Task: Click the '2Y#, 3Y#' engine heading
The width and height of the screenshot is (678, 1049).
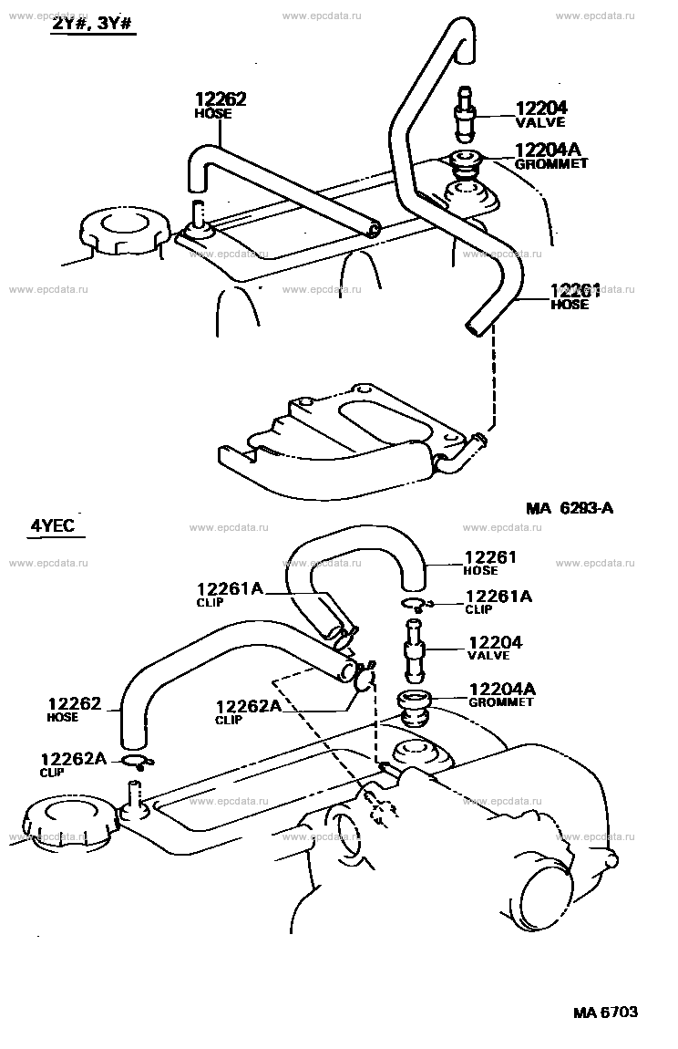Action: [x=94, y=24]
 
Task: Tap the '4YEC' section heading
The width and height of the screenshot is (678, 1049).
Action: [x=52, y=525]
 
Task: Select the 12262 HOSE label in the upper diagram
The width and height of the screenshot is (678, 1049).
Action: [x=221, y=105]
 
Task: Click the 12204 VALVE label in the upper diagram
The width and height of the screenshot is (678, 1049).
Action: [x=541, y=114]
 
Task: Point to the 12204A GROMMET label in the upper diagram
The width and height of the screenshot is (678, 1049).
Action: [x=551, y=156]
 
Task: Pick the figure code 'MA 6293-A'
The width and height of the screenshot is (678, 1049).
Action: [x=569, y=508]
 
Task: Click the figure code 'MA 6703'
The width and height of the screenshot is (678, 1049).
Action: [x=605, y=1012]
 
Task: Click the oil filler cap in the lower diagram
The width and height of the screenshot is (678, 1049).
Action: [x=67, y=822]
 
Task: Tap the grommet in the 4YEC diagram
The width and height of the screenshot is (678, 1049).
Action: [x=413, y=709]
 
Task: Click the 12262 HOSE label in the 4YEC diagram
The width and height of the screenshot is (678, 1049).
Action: [x=74, y=709]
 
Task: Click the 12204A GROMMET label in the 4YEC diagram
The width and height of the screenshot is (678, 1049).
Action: [x=502, y=694]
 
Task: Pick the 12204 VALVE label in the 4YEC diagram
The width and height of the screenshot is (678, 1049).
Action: [x=495, y=648]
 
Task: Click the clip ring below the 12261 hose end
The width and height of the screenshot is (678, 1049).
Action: [x=416, y=605]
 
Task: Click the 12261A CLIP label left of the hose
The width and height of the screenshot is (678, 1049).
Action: [x=230, y=594]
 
